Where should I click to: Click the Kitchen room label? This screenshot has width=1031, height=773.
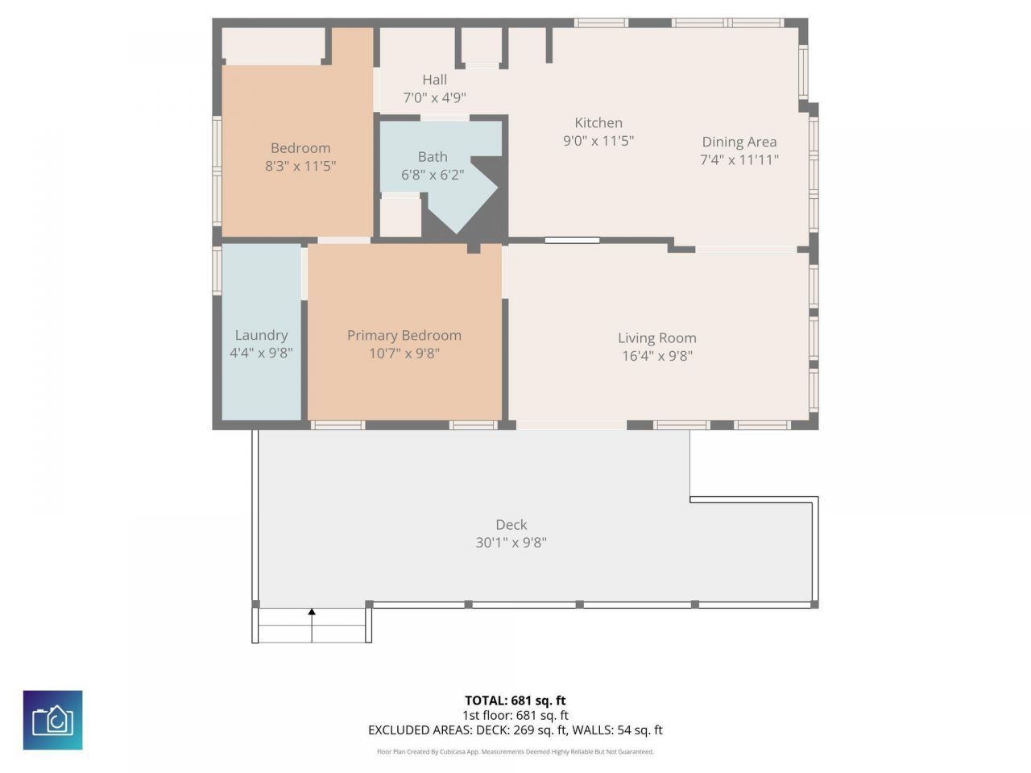pyautogui.click(x=598, y=122)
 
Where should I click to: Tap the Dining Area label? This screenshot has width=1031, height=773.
pyautogui.click(x=739, y=142)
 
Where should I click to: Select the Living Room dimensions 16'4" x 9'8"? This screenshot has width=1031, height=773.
pyautogui.click(x=656, y=356)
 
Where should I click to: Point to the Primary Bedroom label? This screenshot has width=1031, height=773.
pyautogui.click(x=404, y=335)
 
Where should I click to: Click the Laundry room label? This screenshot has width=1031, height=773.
pyautogui.click(x=261, y=335)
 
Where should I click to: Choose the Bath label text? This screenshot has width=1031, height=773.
pyautogui.click(x=433, y=157)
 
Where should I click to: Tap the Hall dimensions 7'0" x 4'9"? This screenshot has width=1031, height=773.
pyautogui.click(x=434, y=98)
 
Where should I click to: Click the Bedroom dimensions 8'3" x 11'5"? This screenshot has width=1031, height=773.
pyautogui.click(x=300, y=166)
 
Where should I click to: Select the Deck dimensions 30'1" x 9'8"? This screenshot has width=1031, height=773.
pyautogui.click(x=511, y=543)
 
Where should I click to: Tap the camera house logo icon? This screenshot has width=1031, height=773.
pyautogui.click(x=52, y=720)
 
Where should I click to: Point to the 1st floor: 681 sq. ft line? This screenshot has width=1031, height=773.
pyautogui.click(x=515, y=715)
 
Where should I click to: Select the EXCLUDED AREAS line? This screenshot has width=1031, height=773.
pyautogui.click(x=515, y=730)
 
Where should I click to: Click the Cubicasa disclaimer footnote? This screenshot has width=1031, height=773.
pyautogui.click(x=515, y=752)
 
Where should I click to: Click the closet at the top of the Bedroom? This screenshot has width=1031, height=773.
pyautogui.click(x=272, y=45)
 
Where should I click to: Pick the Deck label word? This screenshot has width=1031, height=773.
pyautogui.click(x=511, y=524)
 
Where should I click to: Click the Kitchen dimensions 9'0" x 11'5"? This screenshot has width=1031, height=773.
pyautogui.click(x=598, y=141)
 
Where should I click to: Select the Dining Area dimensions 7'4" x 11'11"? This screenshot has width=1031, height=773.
pyautogui.click(x=739, y=159)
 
